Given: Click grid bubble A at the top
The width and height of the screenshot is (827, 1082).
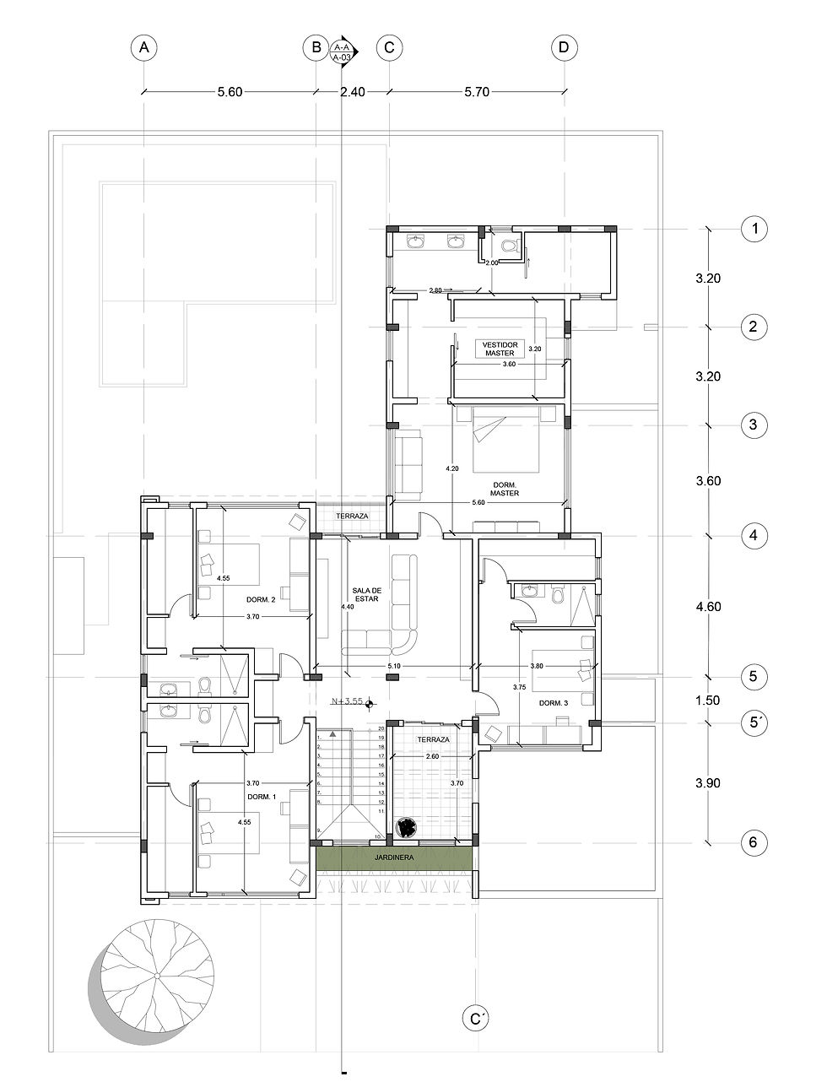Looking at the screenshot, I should coord(144,48).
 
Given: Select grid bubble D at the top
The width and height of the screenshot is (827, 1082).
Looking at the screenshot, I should coord(564,48).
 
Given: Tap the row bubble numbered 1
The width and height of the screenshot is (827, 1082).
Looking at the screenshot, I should coord(753,229).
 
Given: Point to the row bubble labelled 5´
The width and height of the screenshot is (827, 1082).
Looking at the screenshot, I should coord(753,722).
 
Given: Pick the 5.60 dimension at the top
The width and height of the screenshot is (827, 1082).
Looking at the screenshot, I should coord(230,93).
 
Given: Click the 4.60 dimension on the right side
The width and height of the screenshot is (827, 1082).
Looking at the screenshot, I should coord(708,606).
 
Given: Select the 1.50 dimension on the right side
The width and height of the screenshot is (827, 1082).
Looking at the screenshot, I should coord(708,700).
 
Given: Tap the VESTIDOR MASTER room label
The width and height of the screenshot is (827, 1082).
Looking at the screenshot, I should coord(497,349).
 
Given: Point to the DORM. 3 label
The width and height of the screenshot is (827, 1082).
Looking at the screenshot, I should coord(552,703).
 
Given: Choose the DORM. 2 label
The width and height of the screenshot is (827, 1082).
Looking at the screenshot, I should coord(261,599).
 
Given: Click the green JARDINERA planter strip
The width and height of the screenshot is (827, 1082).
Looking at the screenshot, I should coord(395,857).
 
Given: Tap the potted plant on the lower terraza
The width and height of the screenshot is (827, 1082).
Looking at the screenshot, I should coord(408,828).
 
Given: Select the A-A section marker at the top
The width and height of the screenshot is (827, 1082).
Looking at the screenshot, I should coord(342,51).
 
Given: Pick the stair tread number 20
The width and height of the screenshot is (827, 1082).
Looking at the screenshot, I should coord(381,728).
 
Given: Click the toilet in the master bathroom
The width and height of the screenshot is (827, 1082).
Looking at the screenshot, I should coord(508,246).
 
